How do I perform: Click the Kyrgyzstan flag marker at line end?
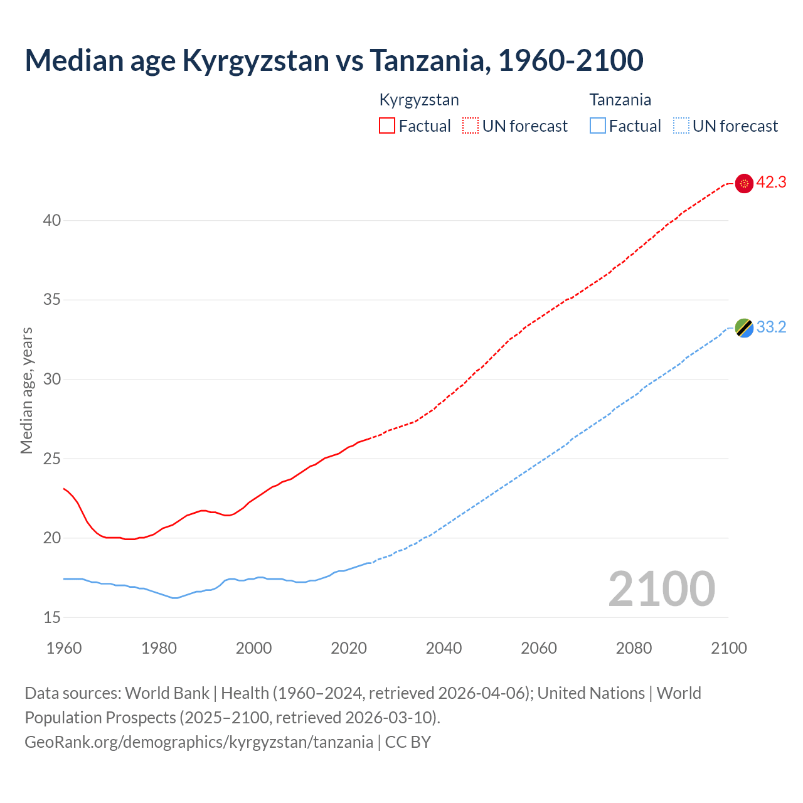(x=744, y=183)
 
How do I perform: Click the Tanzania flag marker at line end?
(x=744, y=327)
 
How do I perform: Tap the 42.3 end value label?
(x=771, y=183)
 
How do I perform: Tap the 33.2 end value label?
(x=771, y=327)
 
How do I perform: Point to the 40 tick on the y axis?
(x=52, y=221)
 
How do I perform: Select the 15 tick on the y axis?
(x=52, y=617)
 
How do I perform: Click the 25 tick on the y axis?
(x=52, y=459)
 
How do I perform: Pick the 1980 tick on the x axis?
(x=159, y=648)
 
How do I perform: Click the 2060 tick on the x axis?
(x=539, y=648)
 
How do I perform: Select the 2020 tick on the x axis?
(x=349, y=648)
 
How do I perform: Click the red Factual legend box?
(x=387, y=126)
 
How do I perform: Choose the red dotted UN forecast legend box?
(x=471, y=126)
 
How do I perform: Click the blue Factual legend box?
(x=597, y=126)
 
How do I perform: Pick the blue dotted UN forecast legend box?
(x=681, y=126)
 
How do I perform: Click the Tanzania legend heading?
(x=620, y=100)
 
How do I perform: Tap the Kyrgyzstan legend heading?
(x=419, y=100)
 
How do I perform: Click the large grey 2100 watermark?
(x=661, y=588)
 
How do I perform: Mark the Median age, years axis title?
(x=26, y=390)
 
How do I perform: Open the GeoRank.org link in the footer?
(x=199, y=742)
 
